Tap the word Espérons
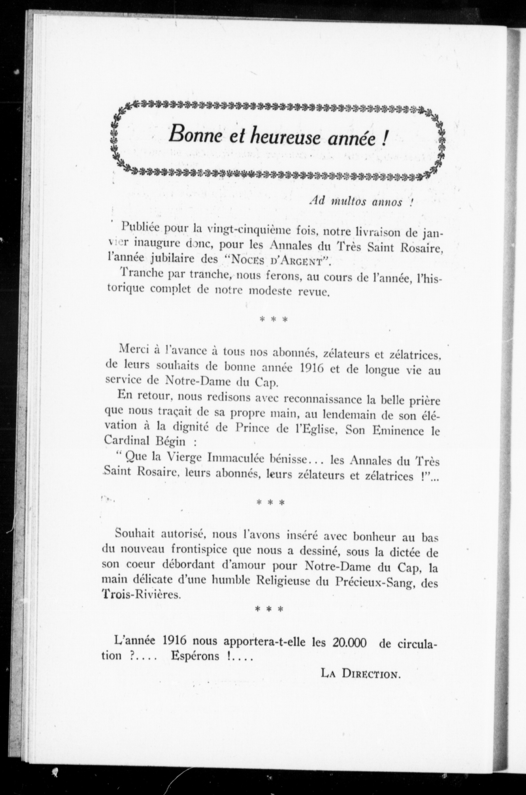point(194,656)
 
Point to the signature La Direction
point(361,673)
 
